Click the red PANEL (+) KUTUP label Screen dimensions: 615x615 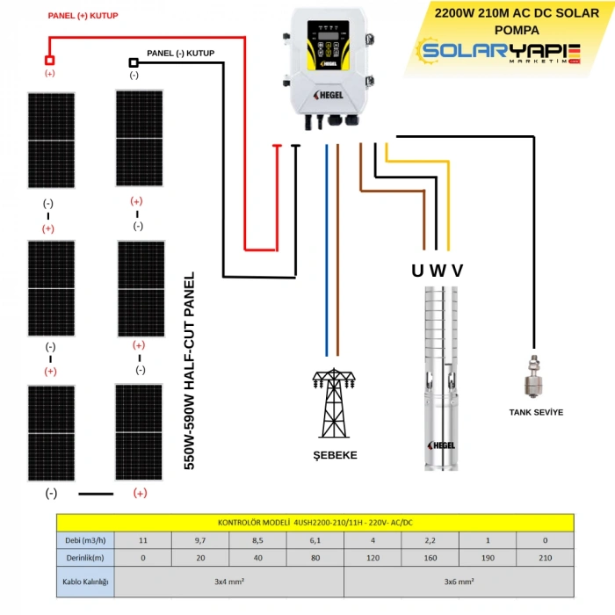pyautogui.click(x=83, y=16)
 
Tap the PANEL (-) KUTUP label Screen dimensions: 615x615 pyautogui.click(x=180, y=53)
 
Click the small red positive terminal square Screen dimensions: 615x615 pyautogui.click(x=50, y=60)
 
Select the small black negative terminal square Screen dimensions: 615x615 pyautogui.click(x=134, y=62)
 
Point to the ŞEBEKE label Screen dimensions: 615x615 pyautogui.click(x=335, y=455)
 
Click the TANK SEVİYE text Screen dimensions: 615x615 pyautogui.click(x=536, y=411)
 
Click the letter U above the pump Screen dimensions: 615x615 pyautogui.click(x=417, y=271)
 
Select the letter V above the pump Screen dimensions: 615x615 pyautogui.click(x=457, y=271)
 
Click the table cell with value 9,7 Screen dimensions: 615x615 pyautogui.click(x=201, y=539)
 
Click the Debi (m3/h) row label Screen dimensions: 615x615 pyautogui.click(x=85, y=539)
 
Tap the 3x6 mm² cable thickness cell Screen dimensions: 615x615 pyautogui.click(x=459, y=582)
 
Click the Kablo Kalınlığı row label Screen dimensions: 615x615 pyautogui.click(x=85, y=582)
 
